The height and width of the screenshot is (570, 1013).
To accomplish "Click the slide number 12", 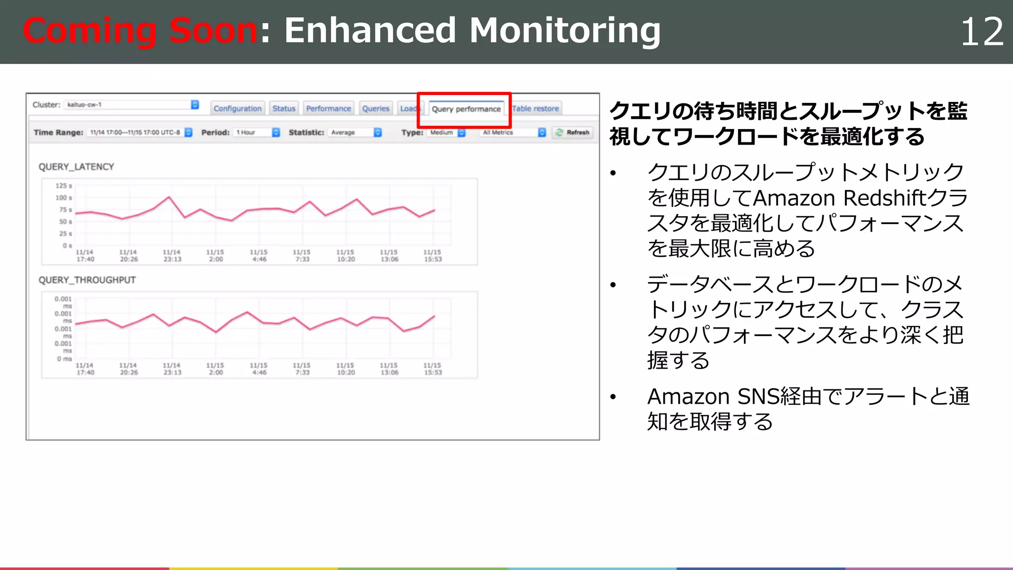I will (981, 32).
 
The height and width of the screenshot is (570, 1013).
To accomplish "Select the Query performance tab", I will (466, 109).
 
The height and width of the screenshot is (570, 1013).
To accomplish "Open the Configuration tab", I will (237, 108).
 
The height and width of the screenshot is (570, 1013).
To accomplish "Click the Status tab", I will (284, 108).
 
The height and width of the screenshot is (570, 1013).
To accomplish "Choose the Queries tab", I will (375, 108).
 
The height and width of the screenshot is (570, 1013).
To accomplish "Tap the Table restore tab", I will (535, 108).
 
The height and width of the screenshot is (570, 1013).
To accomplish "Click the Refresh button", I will (573, 133).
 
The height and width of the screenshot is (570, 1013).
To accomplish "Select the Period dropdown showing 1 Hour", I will (258, 133).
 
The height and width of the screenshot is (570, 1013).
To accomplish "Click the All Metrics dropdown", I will (513, 133).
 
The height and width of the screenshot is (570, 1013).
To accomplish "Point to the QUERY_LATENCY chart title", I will (76, 167).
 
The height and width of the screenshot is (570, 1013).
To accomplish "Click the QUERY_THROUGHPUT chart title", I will (87, 280).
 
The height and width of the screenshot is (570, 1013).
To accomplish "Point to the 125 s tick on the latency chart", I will (64, 186).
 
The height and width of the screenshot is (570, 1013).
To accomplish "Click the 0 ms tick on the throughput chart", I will (64, 359).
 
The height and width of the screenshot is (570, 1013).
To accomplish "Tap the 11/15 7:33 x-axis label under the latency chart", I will (302, 256).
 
